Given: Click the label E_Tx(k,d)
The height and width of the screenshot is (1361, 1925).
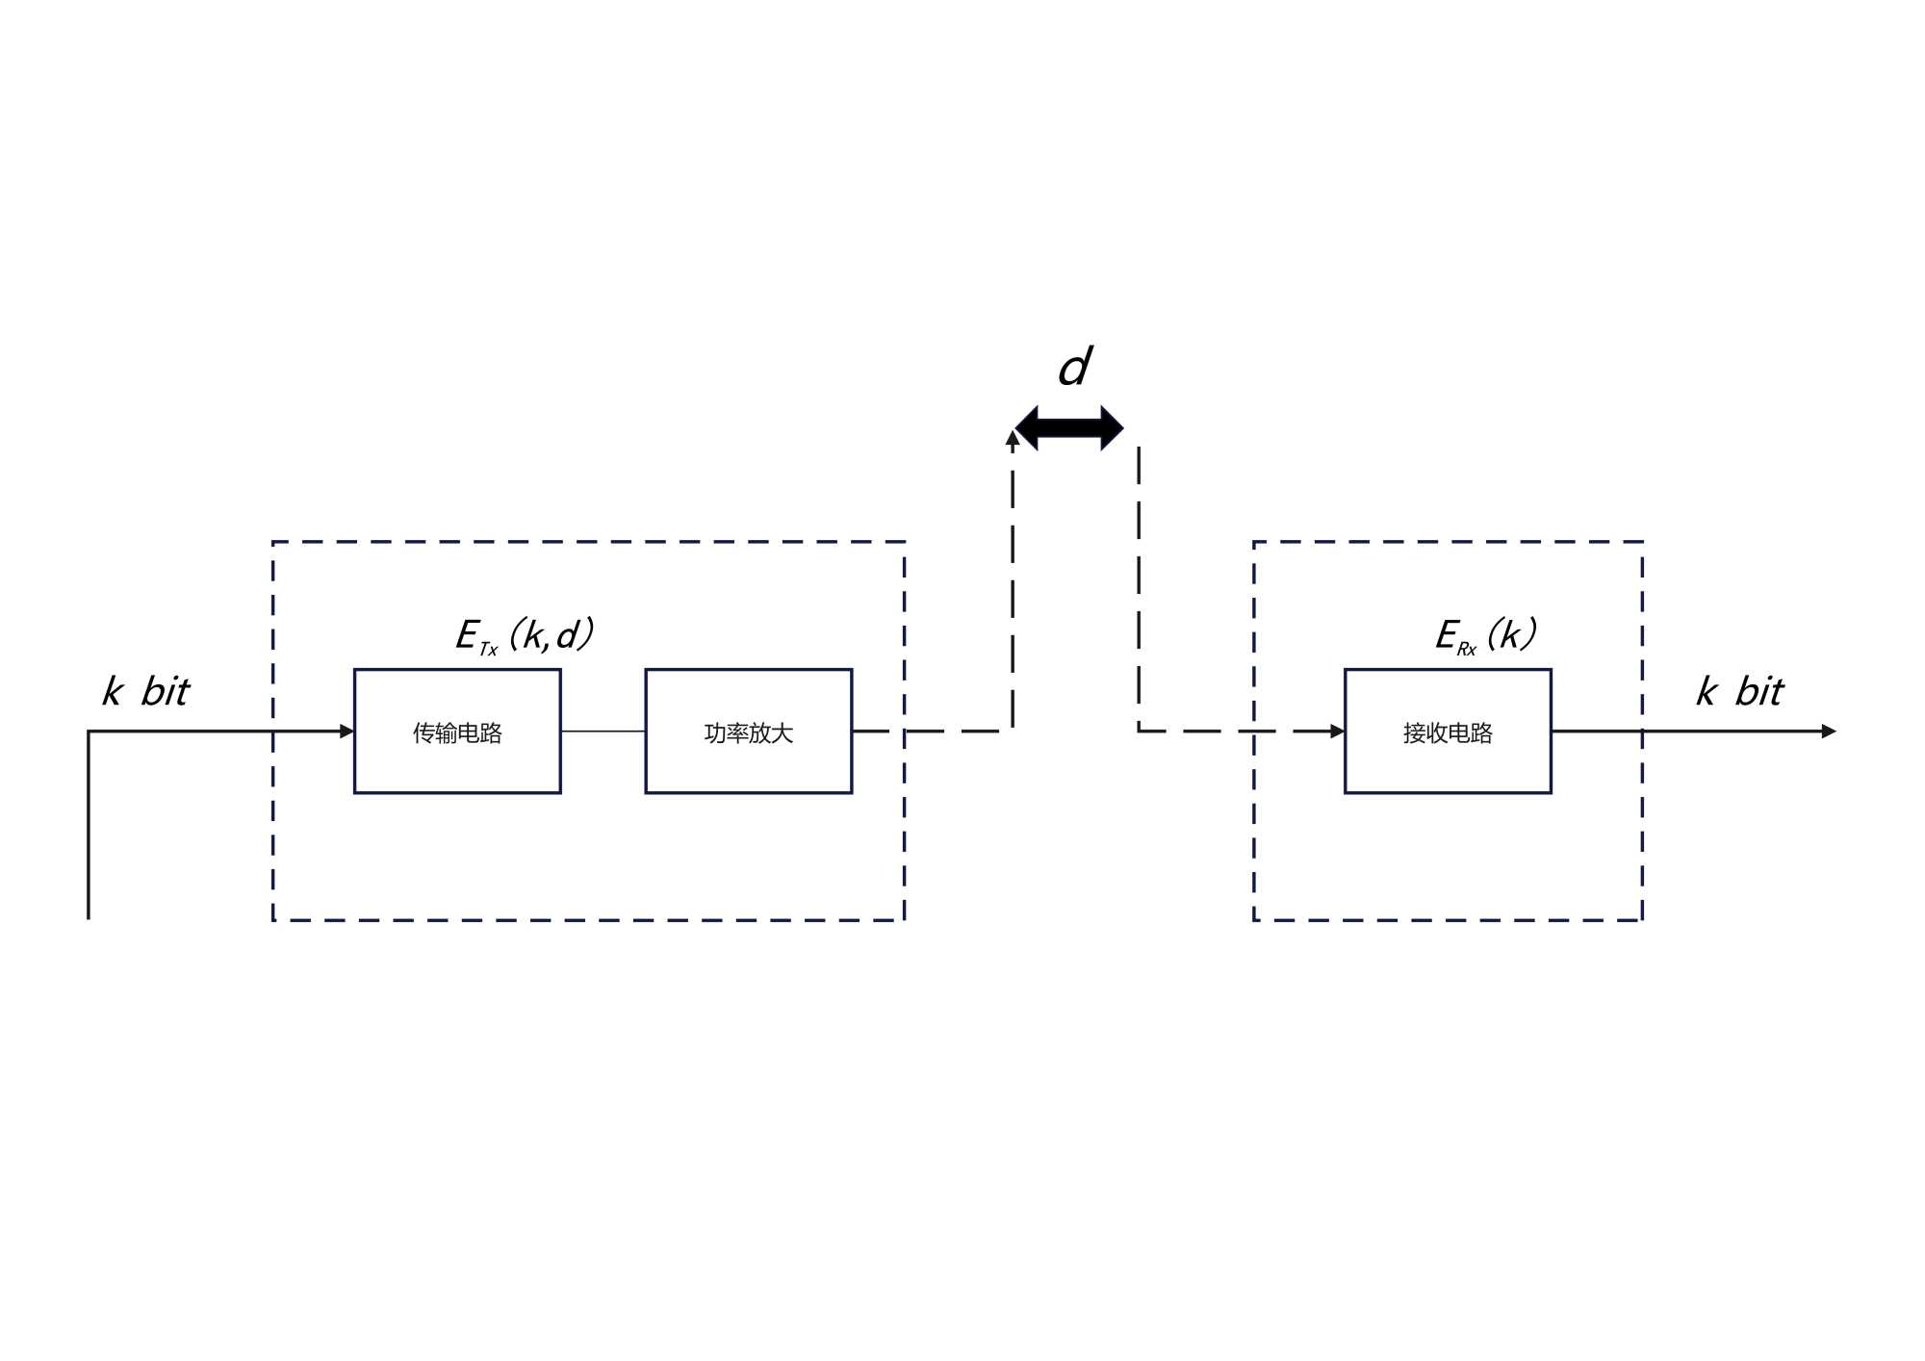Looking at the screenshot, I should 525,635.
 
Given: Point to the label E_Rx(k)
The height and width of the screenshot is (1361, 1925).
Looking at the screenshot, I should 1485,635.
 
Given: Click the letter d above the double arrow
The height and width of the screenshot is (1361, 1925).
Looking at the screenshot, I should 1074,368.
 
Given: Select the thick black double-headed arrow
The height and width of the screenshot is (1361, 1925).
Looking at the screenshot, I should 1069,428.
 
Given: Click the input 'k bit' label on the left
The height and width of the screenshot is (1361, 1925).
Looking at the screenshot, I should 146,691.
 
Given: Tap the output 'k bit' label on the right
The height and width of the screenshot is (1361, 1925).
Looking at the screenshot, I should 1739,691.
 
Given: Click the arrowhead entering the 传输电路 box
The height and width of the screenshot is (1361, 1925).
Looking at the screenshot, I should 347,732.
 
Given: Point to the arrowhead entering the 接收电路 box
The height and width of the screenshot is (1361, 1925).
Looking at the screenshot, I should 1337,732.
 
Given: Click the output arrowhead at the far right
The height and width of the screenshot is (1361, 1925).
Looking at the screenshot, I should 1829,732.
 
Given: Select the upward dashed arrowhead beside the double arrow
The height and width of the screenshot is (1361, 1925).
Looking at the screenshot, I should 1013,438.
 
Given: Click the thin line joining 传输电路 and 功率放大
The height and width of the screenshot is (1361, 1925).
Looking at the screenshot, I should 603,732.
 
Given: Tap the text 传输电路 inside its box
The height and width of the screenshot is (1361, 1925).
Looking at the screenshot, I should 457,733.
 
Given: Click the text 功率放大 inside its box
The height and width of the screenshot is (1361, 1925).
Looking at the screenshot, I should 748,733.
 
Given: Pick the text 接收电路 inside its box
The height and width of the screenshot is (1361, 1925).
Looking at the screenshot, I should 1447,733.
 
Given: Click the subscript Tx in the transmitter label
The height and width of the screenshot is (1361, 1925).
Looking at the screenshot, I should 488,650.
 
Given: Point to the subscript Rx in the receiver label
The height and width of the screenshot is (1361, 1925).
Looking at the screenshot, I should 1466,650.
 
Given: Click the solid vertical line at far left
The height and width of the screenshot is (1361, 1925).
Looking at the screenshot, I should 89,828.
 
